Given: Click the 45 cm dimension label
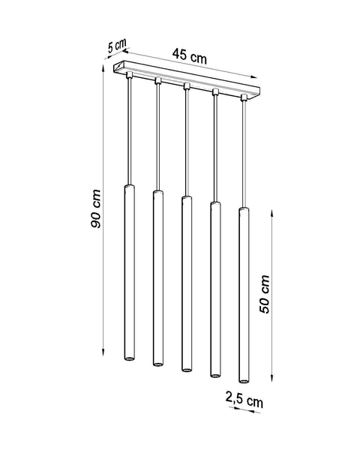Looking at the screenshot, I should [188, 54].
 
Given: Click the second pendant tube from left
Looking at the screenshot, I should [157, 277].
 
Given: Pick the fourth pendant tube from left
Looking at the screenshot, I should [214, 289].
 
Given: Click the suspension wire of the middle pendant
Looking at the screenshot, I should [186, 142].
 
